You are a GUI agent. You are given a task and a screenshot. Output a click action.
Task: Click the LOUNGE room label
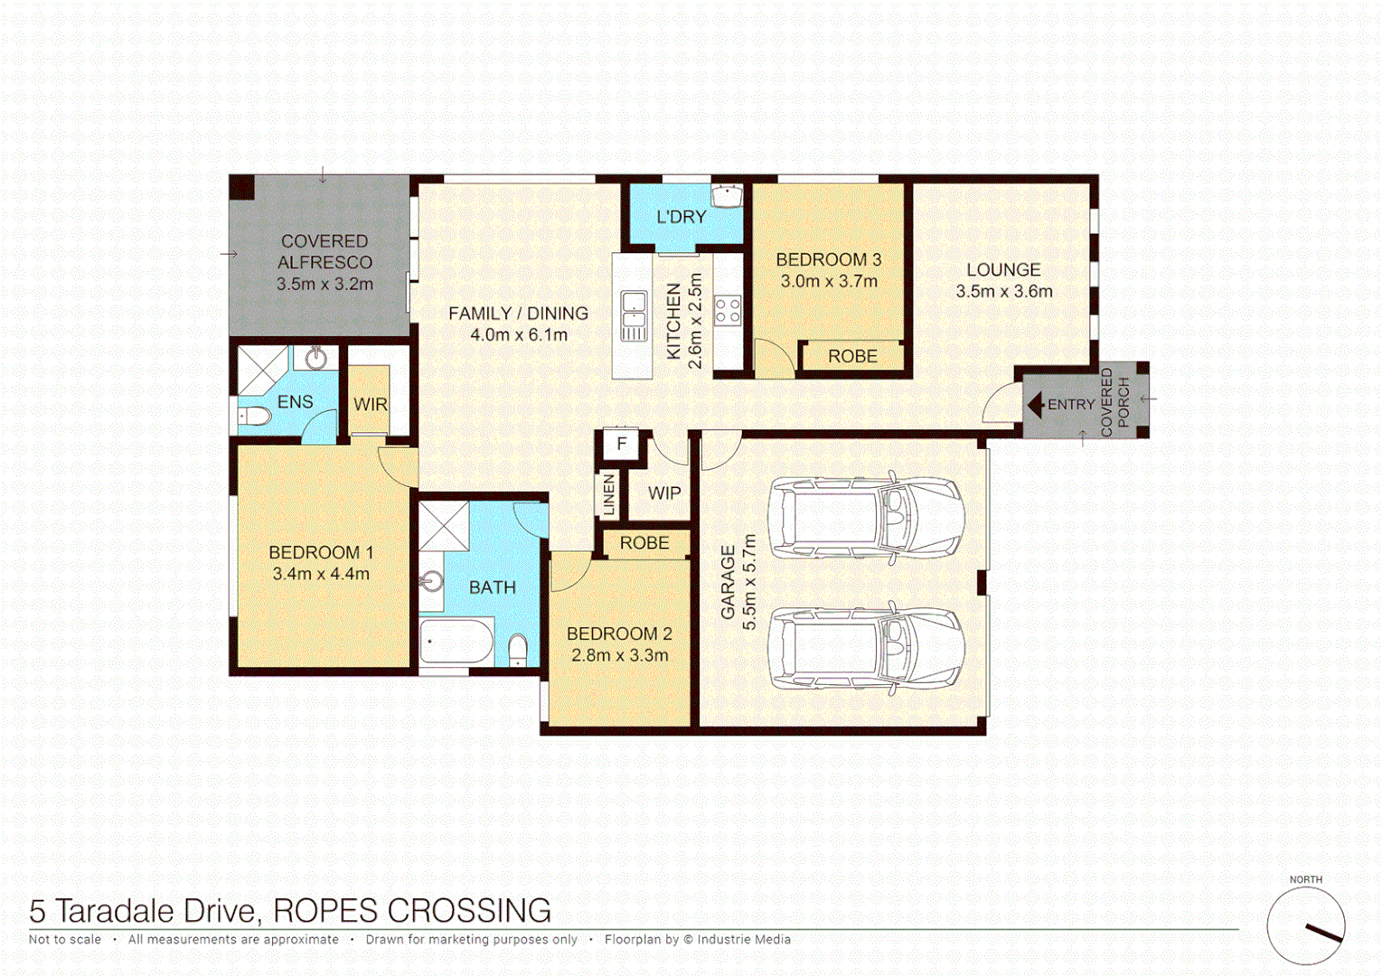pos(1003,269)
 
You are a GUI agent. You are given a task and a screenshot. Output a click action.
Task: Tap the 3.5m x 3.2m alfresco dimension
pos(324,284)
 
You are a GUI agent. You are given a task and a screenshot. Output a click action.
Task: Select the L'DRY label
pos(681,217)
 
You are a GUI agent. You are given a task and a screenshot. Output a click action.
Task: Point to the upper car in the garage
pos(866,517)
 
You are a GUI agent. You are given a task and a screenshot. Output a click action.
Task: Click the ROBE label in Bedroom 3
pos(852,356)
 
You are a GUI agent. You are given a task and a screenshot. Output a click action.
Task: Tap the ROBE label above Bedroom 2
pos(644,543)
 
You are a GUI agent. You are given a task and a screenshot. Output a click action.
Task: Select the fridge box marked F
pos(621,444)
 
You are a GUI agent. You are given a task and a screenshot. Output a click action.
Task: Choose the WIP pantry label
pos(664,493)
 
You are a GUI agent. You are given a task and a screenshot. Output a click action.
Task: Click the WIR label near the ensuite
pos(371,404)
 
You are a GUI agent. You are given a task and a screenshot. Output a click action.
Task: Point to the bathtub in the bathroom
pos(456,641)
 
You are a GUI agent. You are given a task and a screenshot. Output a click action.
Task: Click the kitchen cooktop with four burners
pos(728,310)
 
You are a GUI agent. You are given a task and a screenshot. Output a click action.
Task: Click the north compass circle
pos(1305,925)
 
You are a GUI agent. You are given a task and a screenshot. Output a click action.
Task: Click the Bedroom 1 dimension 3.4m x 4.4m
pos(321,574)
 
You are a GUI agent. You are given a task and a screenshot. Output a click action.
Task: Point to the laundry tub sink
pos(727,195)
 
